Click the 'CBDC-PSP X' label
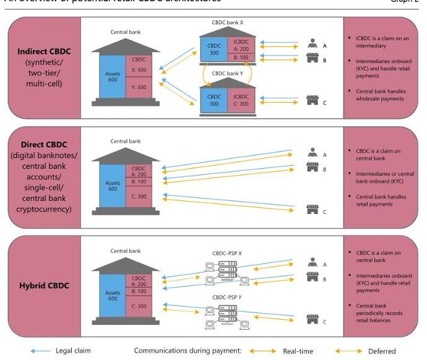pyautogui.click(x=226, y=253)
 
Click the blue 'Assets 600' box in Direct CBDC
pyautogui.click(x=112, y=185)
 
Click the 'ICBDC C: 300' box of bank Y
pyautogui.click(x=241, y=100)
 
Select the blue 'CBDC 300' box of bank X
pyautogui.click(x=214, y=49)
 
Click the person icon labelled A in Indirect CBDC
pyautogui.click(x=312, y=45)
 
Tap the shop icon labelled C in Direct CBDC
pyautogui.click(x=312, y=210)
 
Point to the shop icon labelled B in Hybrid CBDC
pyautogui.click(x=312, y=279)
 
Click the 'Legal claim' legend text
pyautogui.click(x=74, y=351)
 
